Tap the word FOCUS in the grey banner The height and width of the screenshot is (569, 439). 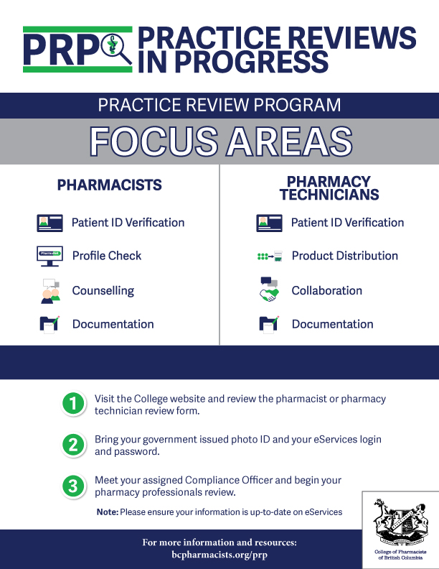coord(154,141)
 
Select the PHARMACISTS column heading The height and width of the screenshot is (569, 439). coord(109,185)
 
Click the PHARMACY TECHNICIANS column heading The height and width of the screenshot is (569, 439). coord(329,188)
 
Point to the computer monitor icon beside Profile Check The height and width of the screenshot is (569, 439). coord(49,256)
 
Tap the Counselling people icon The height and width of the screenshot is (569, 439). coord(50,291)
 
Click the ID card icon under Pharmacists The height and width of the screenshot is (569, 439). coord(49,223)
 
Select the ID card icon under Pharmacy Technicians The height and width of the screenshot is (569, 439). coord(269,223)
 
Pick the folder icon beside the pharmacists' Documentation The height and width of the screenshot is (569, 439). coord(49,324)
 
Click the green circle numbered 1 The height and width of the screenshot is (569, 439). coord(73,403)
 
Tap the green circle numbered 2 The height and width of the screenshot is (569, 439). coord(73,445)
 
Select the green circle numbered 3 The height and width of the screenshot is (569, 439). coord(73,486)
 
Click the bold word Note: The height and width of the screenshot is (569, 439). coord(108,512)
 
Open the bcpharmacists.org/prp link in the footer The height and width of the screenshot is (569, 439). coord(219,555)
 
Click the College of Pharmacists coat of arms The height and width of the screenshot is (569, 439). coord(400,522)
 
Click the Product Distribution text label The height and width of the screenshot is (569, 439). coord(345,256)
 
